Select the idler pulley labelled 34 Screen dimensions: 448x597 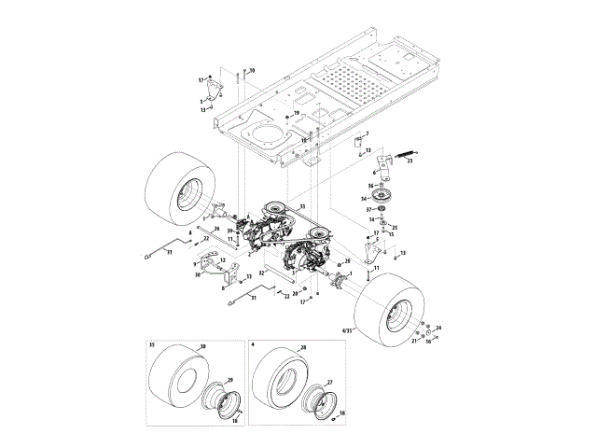(x=384, y=198)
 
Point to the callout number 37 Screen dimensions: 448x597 (x=369, y=210)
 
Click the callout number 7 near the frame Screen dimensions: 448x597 (x=367, y=135)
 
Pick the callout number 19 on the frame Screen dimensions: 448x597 (x=297, y=113)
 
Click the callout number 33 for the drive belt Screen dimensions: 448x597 (x=300, y=205)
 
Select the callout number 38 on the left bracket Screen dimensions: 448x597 (x=199, y=275)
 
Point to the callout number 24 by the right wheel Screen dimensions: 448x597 (x=439, y=327)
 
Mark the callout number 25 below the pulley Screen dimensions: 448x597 (x=395, y=228)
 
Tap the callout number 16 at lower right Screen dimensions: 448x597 (x=429, y=343)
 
